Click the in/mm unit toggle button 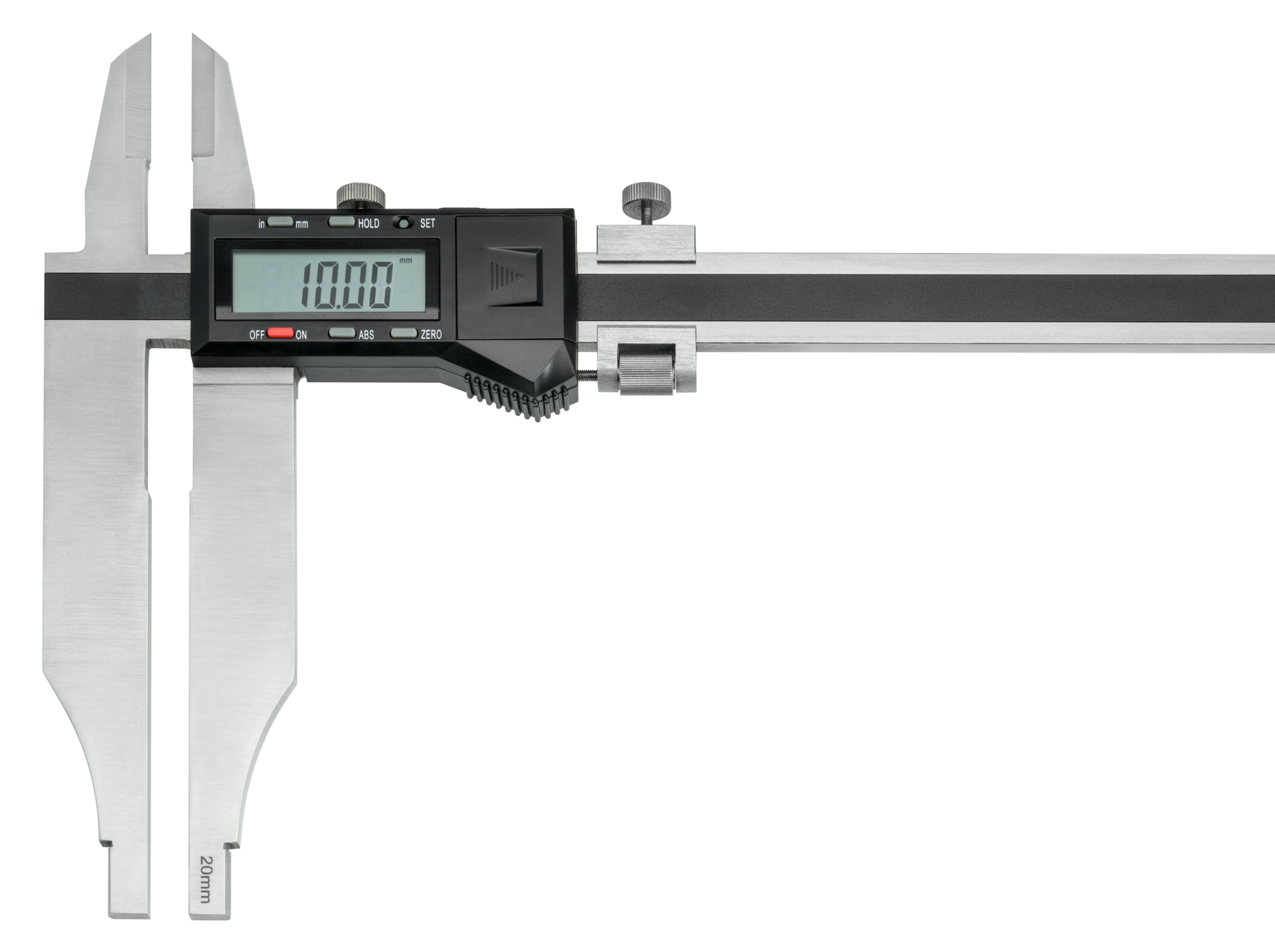click(x=280, y=222)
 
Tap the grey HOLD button click(x=342, y=222)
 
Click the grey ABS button click(x=342, y=333)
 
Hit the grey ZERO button click(x=403, y=333)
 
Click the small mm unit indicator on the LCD click(x=405, y=260)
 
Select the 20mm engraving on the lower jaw click(x=205, y=879)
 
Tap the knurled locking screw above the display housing click(x=361, y=195)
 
